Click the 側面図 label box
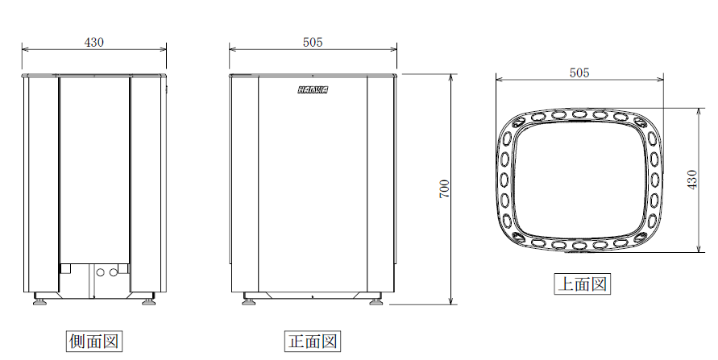(93, 341)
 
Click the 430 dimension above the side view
(94, 42)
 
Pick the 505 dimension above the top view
(579, 72)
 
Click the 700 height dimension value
(444, 189)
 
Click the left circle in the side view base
(101, 272)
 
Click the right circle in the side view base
(112, 272)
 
